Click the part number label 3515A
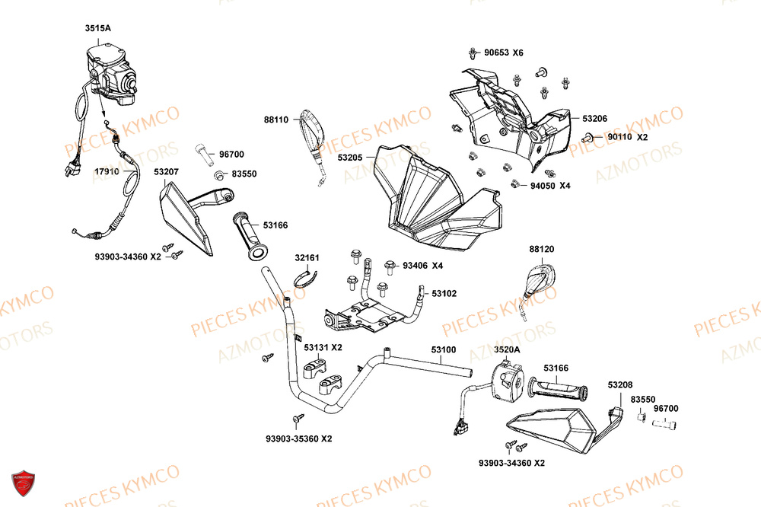97,28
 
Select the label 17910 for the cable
107,172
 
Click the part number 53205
353,158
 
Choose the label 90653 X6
508,53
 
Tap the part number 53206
595,119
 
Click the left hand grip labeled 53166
250,236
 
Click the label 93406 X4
422,266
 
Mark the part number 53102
444,293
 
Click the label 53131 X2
323,347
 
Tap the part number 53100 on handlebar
444,350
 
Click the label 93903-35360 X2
299,438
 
